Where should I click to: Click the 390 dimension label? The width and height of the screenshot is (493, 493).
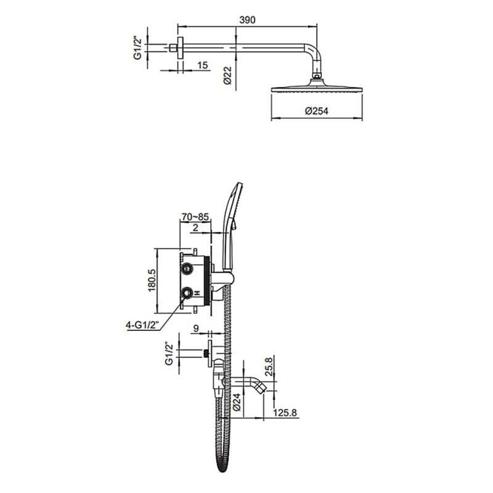(x=247, y=20)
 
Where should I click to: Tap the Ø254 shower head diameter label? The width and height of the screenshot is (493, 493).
(x=316, y=111)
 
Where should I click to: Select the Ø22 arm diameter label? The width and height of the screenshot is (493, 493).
(x=227, y=75)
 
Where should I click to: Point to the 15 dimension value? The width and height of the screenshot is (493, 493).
(x=203, y=65)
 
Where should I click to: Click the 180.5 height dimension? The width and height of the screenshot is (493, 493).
(x=152, y=280)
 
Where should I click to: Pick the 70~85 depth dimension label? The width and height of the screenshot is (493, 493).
(x=195, y=217)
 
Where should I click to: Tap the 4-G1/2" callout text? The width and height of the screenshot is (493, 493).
(x=143, y=325)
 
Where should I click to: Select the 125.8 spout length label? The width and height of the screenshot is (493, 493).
(x=285, y=412)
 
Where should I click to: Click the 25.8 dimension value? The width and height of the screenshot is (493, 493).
(x=269, y=367)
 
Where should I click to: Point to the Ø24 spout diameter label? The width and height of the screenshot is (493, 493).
(x=237, y=402)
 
